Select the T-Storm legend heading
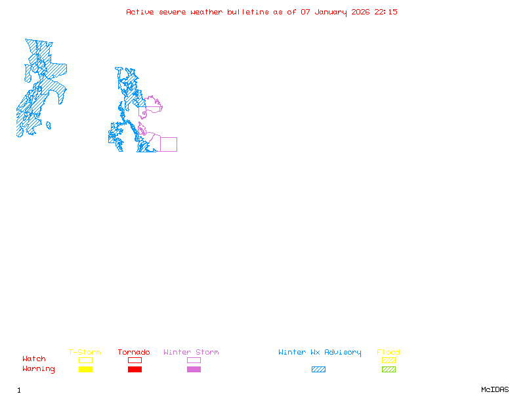(85, 353)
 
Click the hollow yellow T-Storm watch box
(85, 360)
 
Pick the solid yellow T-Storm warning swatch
(85, 369)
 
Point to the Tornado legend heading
(134, 353)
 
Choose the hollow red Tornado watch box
(135, 360)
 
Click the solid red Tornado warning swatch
(135, 369)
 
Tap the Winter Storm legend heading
(191, 353)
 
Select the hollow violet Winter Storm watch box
(194, 360)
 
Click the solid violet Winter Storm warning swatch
(194, 369)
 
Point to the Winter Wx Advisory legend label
(320, 353)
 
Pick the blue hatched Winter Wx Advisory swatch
(318, 369)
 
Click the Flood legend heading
(388, 353)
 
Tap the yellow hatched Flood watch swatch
(388, 360)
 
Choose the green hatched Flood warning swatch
(388, 369)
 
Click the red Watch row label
(34, 359)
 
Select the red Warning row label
(39, 369)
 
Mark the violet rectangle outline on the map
(169, 144)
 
